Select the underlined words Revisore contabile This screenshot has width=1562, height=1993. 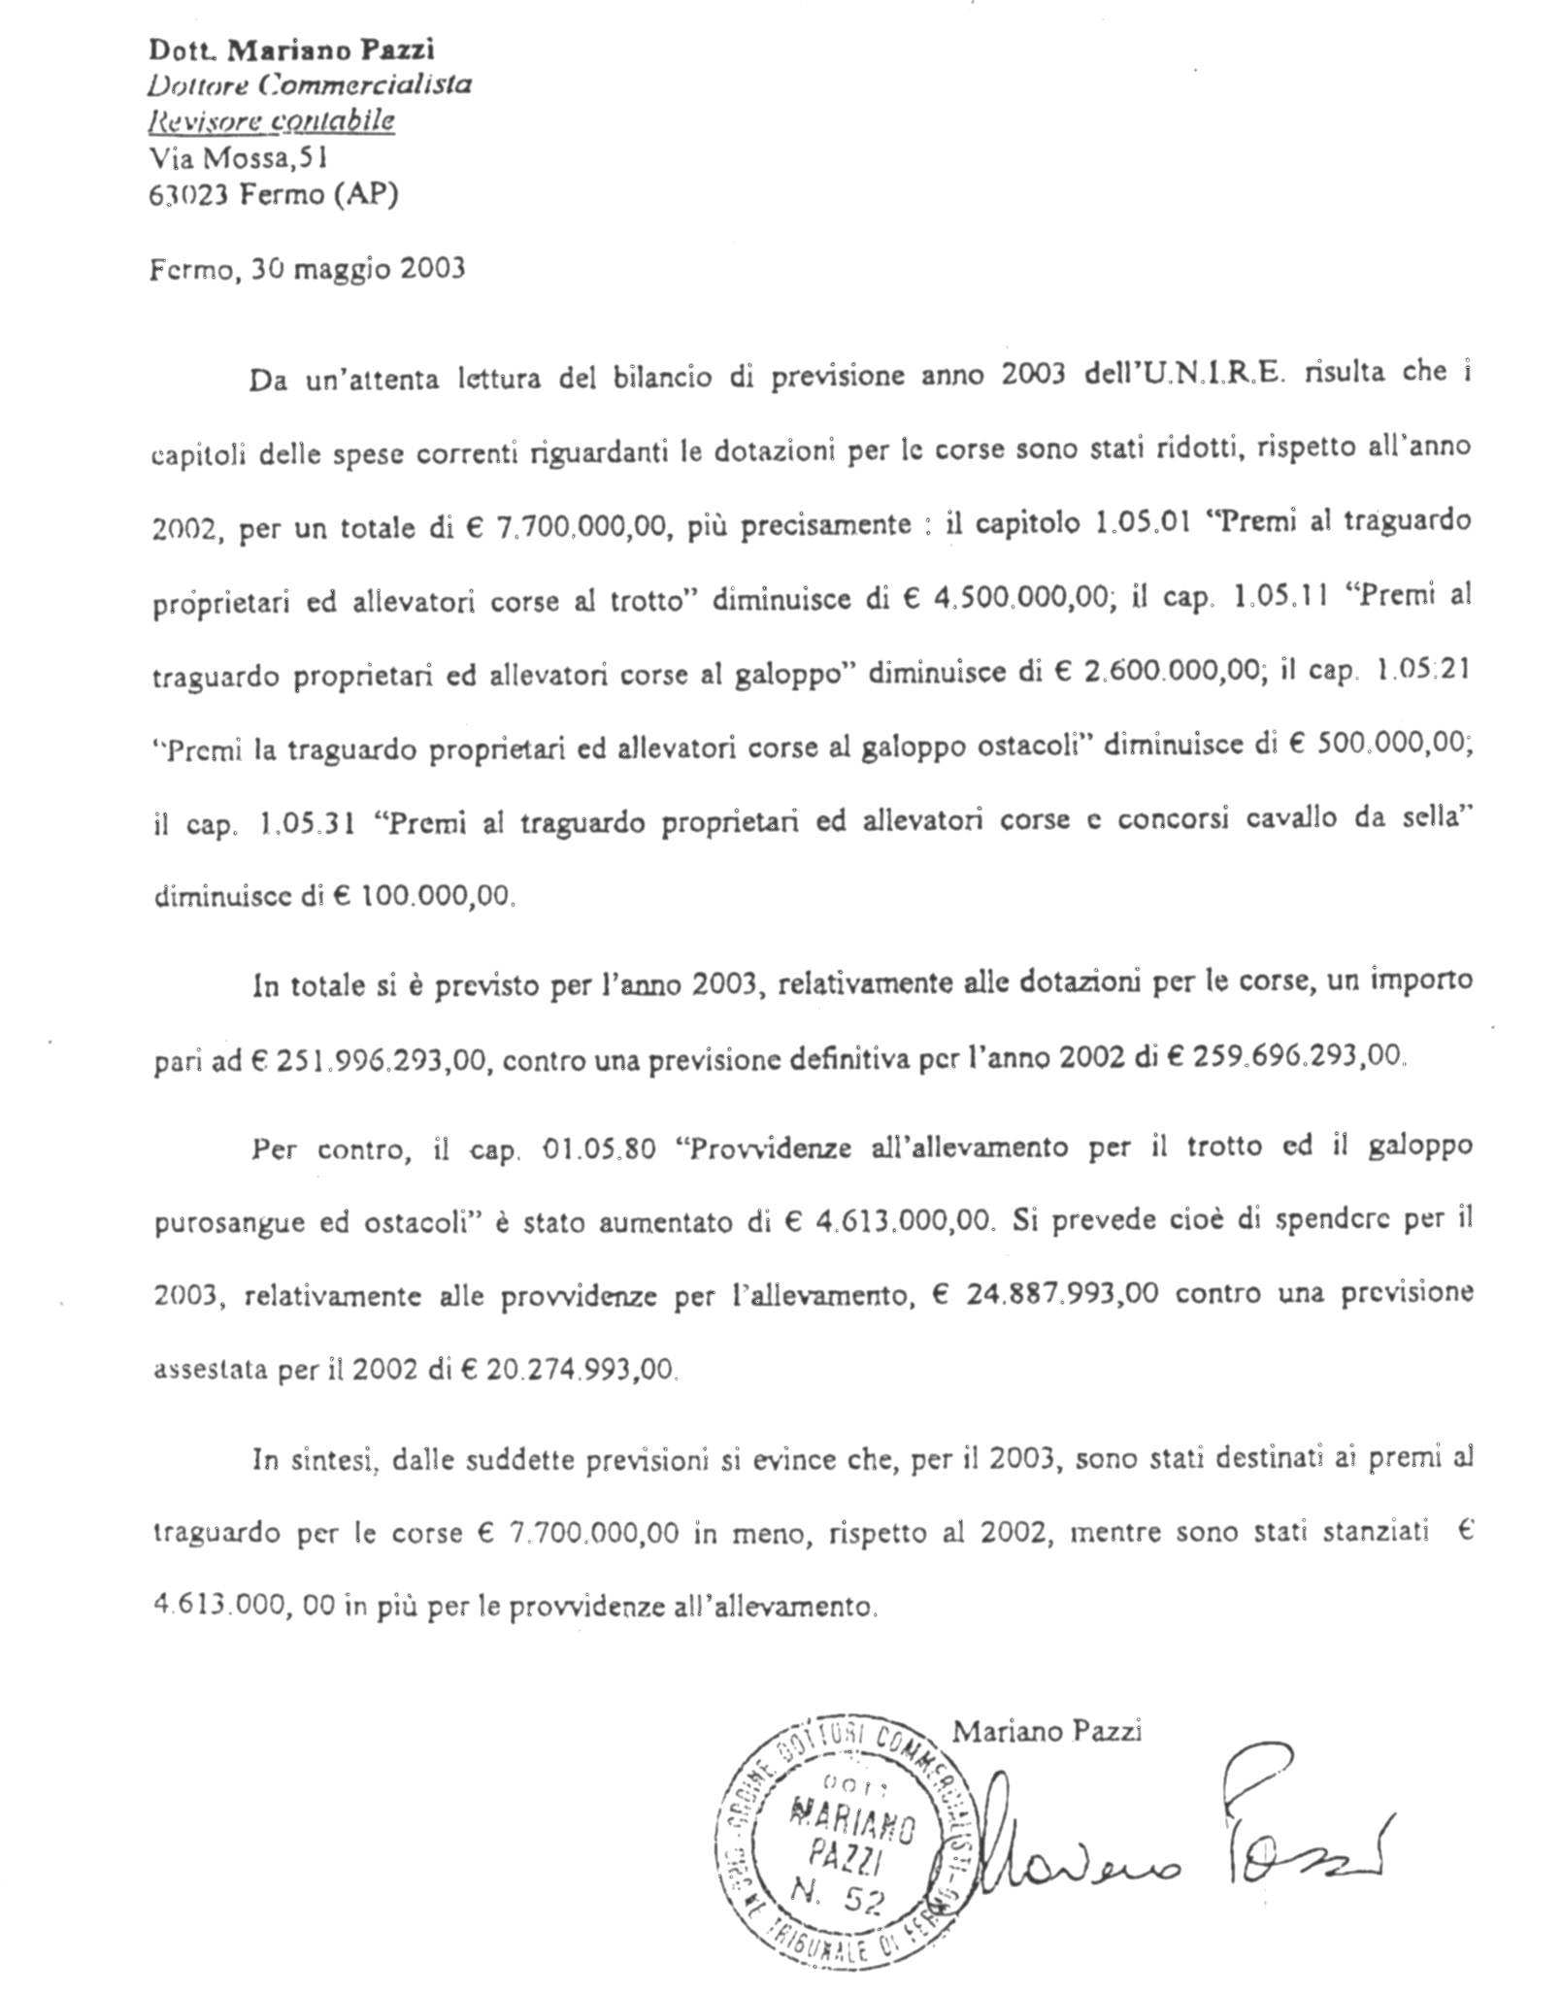click(x=271, y=121)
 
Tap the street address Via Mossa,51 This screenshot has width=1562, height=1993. click(x=231, y=156)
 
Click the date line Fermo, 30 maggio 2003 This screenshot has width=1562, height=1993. click(x=307, y=268)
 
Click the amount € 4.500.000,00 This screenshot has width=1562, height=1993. click(x=1011, y=599)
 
